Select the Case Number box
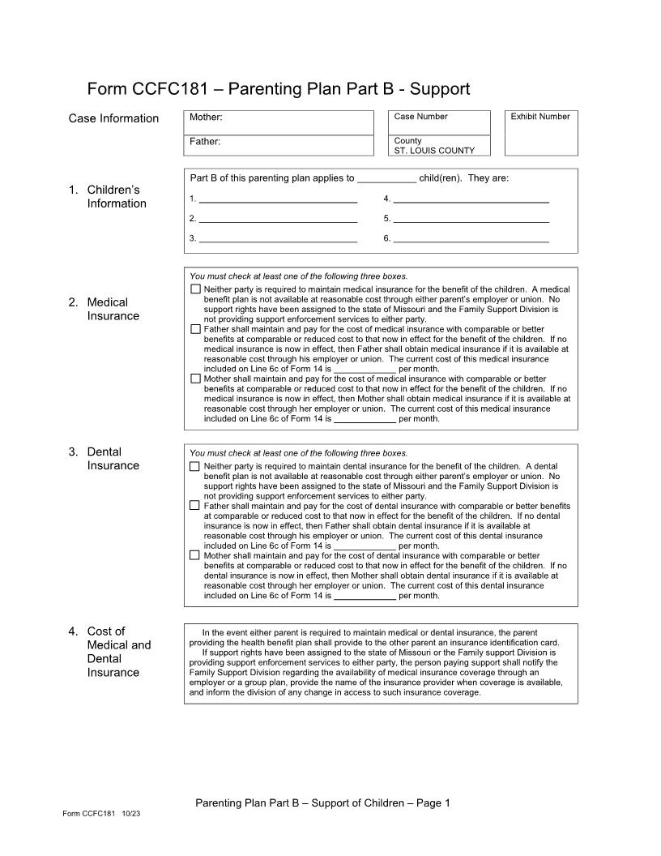[439, 122]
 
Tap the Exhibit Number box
[540, 133]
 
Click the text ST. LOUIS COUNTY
[434, 150]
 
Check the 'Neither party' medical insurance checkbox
[195, 289]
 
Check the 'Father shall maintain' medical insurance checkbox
[195, 329]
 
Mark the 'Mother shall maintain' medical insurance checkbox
[195, 379]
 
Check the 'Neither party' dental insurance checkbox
[194, 466]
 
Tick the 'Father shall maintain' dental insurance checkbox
[194, 506]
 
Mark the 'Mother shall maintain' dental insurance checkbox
[194, 555]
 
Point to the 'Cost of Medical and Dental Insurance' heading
[118, 652]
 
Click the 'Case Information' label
[113, 118]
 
